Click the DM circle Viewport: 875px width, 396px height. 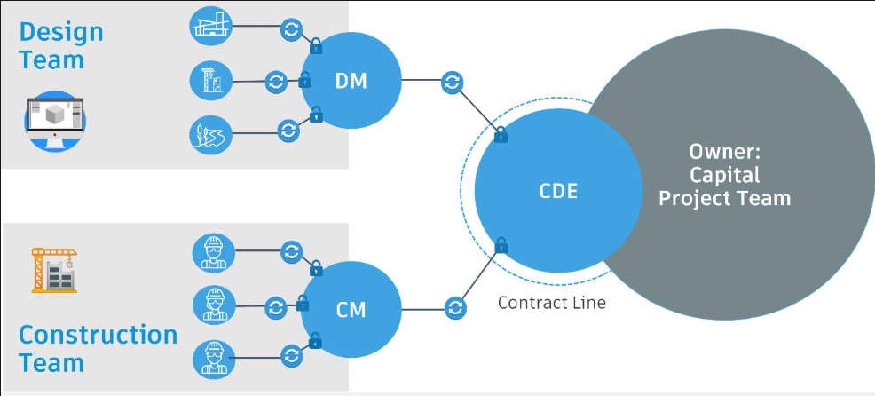[x=351, y=80]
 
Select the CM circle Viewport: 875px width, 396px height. [x=351, y=309]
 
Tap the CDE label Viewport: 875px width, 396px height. [x=558, y=191]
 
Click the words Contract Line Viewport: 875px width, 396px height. [x=551, y=303]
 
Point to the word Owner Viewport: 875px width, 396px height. [x=724, y=151]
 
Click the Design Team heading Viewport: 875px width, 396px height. [x=61, y=46]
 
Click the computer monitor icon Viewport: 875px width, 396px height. [x=55, y=122]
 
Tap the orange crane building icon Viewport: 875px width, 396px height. [x=54, y=270]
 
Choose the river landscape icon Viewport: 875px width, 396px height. [x=211, y=134]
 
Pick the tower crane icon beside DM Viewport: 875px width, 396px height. [x=211, y=82]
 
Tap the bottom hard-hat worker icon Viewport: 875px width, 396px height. [x=213, y=358]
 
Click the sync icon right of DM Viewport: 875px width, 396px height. [x=452, y=83]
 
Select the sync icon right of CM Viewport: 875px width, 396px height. [x=455, y=308]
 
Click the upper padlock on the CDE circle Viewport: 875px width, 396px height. [x=501, y=135]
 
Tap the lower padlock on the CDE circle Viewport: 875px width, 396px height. [x=501, y=245]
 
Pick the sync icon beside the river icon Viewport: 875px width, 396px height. [x=288, y=131]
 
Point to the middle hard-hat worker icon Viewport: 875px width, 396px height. [x=213, y=306]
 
